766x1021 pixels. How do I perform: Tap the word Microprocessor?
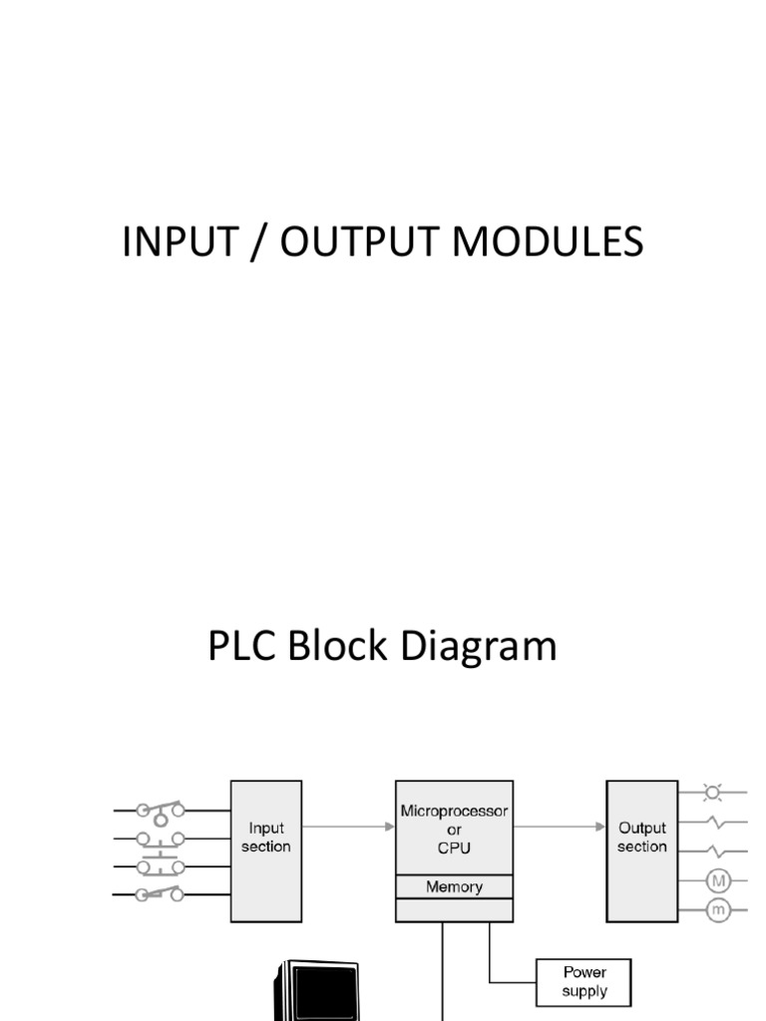454,812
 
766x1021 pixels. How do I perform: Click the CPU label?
454,849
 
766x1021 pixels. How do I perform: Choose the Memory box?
454,886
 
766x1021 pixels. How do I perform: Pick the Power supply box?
583,982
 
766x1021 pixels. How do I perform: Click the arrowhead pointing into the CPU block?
389,827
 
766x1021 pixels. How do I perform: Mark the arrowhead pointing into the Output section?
600,827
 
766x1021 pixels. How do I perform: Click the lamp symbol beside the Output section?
712,794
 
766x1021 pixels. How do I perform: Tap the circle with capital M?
718,879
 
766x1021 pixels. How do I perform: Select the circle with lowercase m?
718,909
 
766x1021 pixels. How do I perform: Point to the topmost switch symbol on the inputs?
160,810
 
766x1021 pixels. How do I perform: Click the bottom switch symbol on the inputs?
160,894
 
